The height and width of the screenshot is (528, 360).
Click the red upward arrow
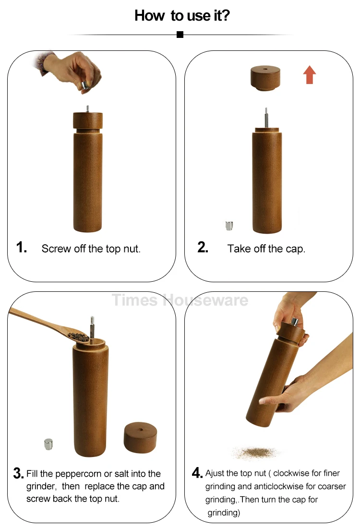pyautogui.click(x=310, y=74)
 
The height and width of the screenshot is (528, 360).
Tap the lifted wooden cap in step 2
pyautogui.click(x=265, y=78)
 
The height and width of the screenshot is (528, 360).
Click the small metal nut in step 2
pyautogui.click(x=229, y=226)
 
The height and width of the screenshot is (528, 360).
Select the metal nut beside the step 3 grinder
pyautogui.click(x=48, y=444)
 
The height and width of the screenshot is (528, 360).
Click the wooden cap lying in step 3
pyautogui.click(x=141, y=437)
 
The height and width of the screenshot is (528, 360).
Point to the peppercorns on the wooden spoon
pyautogui.click(x=78, y=337)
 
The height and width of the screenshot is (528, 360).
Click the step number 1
pyautogui.click(x=21, y=247)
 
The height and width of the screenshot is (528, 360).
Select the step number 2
pyautogui.click(x=203, y=247)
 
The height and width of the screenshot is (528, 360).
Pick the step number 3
pyautogui.click(x=19, y=473)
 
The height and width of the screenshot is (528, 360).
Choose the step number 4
pyautogui.click(x=197, y=472)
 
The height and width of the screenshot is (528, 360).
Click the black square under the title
pyautogui.click(x=180, y=35)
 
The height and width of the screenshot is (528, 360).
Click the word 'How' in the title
pyautogui.click(x=150, y=15)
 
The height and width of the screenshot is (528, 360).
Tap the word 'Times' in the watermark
pyautogui.click(x=135, y=300)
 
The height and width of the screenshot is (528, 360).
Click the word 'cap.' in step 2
pyautogui.click(x=295, y=249)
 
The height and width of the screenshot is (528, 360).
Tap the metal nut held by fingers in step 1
pyautogui.click(x=85, y=84)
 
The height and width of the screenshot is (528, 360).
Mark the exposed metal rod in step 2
pyautogui.click(x=266, y=118)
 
